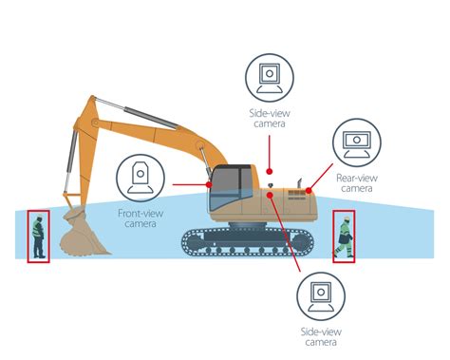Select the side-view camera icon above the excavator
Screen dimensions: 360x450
tap(272, 77)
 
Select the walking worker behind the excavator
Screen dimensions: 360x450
tap(343, 237)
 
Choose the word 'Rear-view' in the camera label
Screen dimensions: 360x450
tap(356, 177)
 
